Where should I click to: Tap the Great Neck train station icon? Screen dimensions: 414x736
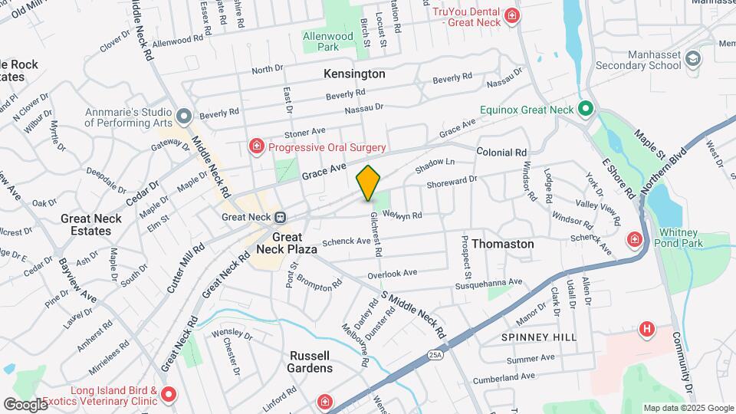tap(281, 217)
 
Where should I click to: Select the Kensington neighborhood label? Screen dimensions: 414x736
tap(354, 74)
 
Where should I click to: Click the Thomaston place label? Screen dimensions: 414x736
tap(503, 244)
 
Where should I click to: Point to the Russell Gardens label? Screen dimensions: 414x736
tap(310, 362)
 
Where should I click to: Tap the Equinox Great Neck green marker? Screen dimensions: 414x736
tap(586, 110)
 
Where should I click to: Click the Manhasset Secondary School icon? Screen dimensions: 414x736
tap(693, 59)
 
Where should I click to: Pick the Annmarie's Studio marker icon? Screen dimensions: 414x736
tap(183, 117)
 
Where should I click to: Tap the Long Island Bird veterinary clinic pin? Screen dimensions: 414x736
tap(169, 396)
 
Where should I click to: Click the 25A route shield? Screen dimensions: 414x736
tap(435, 354)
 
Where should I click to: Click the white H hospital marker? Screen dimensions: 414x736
tap(648, 330)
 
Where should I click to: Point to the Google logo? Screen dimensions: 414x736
tap(25, 404)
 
